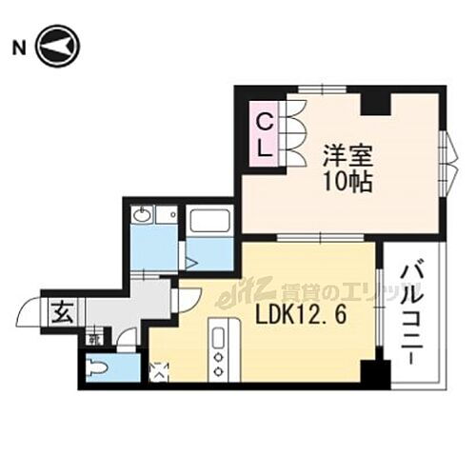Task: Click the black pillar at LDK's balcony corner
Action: (x=377, y=371)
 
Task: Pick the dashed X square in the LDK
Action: (x=159, y=367)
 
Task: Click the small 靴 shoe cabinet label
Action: (x=94, y=337)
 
